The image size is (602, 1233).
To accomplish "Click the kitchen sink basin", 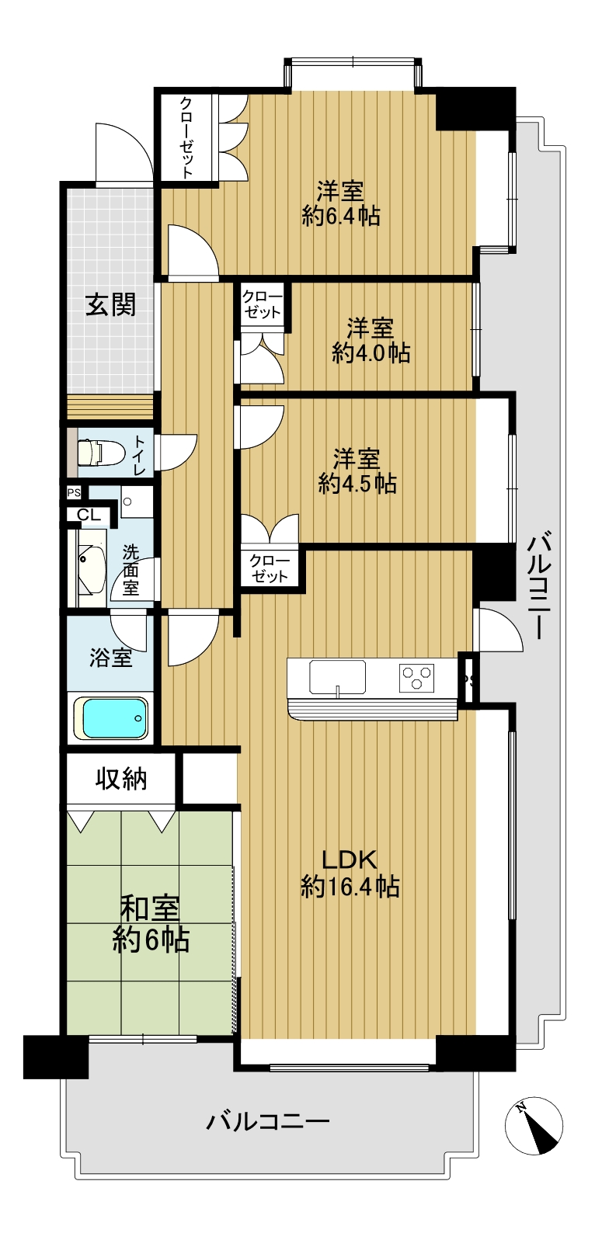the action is (337, 676).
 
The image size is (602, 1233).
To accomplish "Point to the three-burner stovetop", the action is (416, 678).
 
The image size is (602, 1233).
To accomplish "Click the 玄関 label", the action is (111, 304).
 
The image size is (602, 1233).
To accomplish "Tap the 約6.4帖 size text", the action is (341, 217).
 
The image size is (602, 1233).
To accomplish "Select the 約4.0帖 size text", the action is (371, 353).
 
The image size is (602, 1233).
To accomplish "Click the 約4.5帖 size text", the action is (357, 483).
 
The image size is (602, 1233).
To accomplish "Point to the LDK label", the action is (350, 859).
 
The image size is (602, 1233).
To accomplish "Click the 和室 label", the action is (151, 908).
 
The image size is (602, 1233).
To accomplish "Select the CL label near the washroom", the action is (89, 516).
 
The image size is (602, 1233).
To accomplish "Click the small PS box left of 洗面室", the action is (74, 492).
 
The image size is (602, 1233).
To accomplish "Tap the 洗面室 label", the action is (130, 570).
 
